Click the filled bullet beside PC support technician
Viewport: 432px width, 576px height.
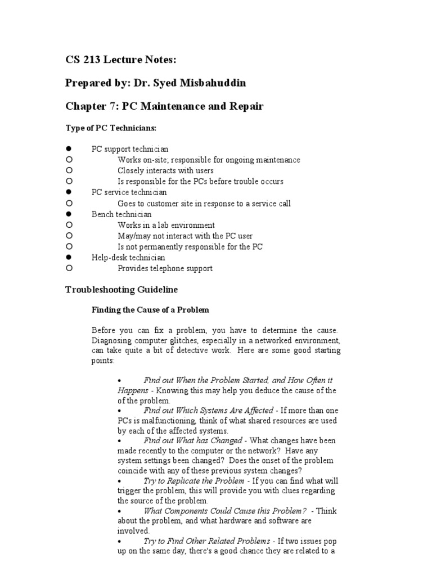point(69,149)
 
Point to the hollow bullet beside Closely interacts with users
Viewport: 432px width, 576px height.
point(69,170)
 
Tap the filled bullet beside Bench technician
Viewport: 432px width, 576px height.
point(69,214)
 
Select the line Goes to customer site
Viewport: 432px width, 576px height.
point(204,204)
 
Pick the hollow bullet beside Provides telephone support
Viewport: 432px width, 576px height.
point(69,268)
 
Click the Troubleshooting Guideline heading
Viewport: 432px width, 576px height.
point(121,290)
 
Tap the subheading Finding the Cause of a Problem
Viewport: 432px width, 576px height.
point(150,309)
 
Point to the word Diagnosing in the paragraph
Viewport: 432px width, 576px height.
point(112,341)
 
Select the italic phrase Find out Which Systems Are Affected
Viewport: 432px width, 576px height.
point(209,411)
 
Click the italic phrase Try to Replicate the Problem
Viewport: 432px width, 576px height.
point(193,481)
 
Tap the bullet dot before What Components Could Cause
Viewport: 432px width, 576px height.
point(120,511)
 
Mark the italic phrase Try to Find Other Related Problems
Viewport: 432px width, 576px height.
point(207,541)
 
